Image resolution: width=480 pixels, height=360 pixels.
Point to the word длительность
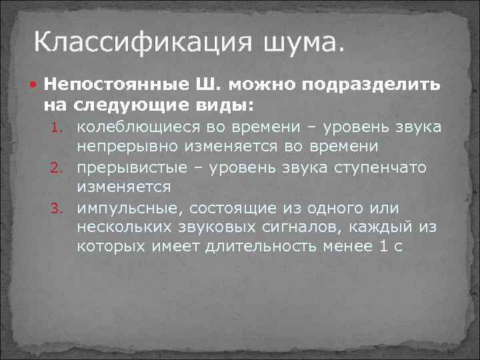[x=279, y=247]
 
